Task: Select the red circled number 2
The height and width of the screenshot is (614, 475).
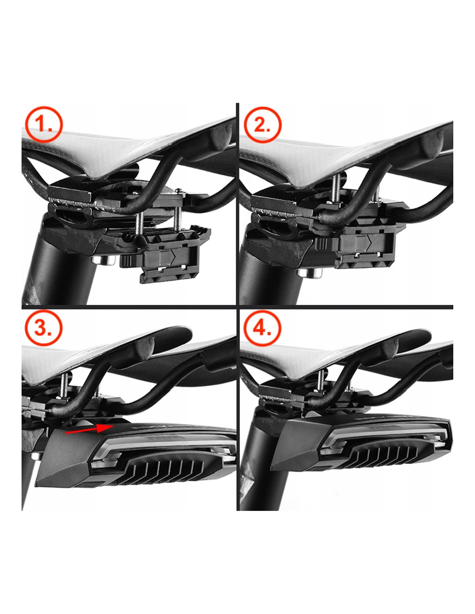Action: coord(263,125)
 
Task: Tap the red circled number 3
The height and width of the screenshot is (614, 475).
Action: coord(43,328)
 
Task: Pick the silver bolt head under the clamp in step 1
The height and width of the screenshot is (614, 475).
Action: coord(103,260)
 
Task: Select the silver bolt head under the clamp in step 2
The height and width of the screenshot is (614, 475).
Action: coord(310,273)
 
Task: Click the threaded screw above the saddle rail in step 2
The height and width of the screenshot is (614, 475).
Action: coord(337,189)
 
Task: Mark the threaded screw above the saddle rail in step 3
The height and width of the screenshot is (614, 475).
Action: coord(66,384)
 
